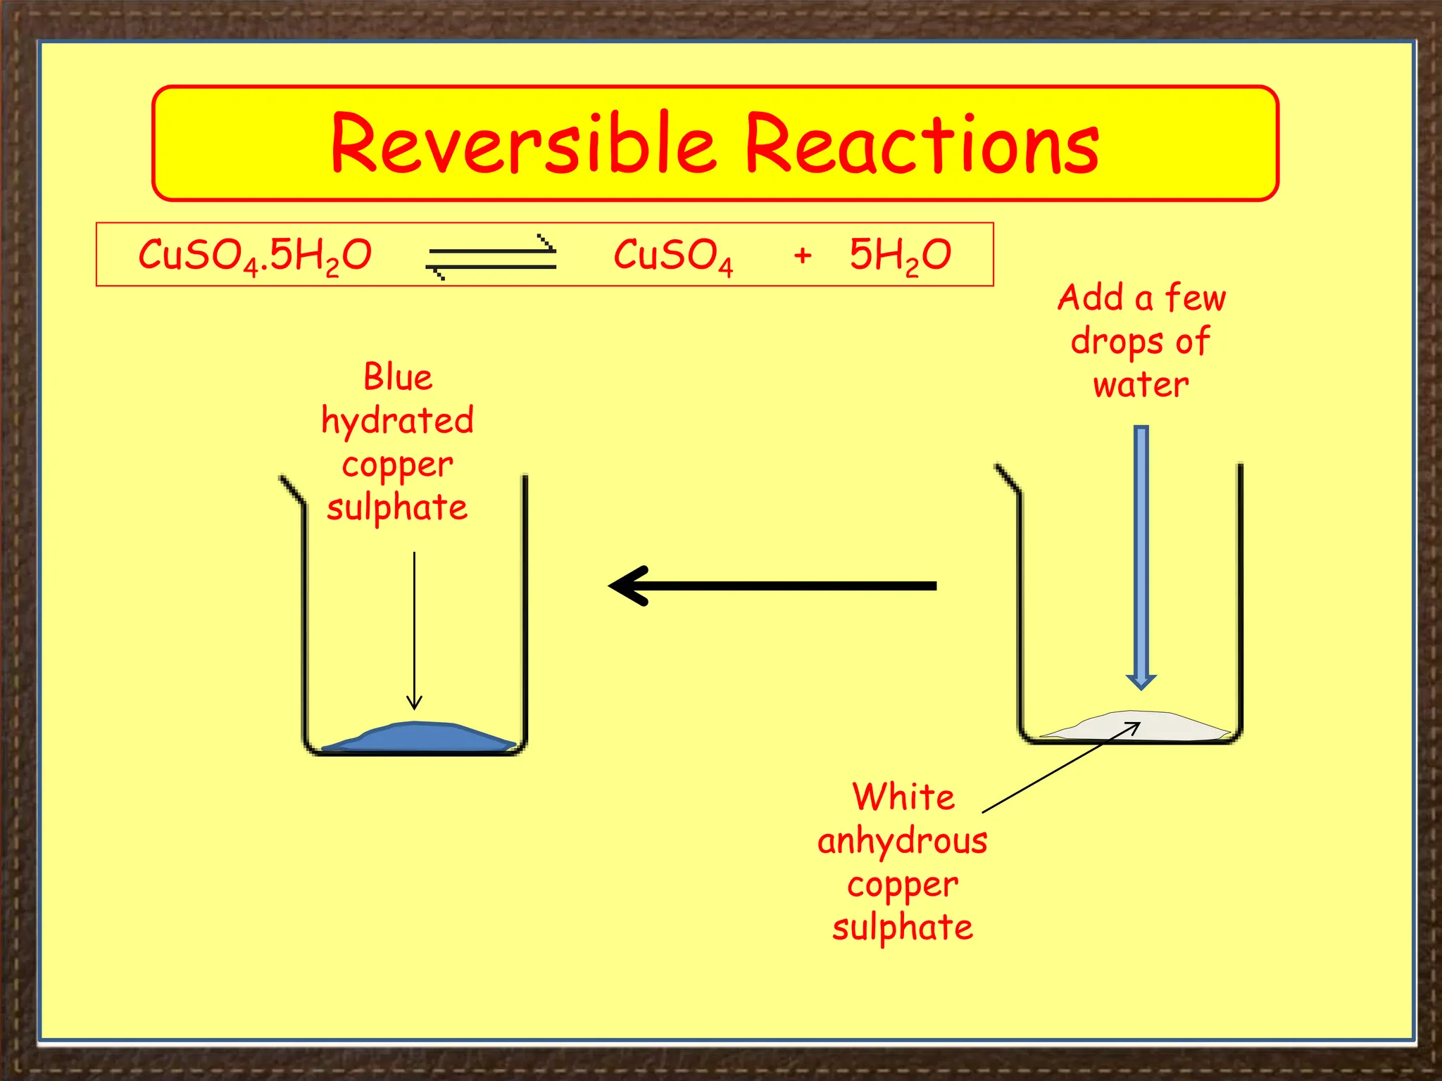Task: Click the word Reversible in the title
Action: pos(522,144)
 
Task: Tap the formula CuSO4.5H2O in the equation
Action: pos(254,255)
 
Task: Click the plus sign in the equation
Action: pos(802,255)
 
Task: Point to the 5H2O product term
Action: pos(900,255)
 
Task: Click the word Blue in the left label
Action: pos(398,377)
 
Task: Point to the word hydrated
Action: pos(397,421)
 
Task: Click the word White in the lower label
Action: pos(903,797)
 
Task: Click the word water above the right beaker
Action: pos(1141,386)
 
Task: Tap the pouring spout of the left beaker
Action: pos(291,490)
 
